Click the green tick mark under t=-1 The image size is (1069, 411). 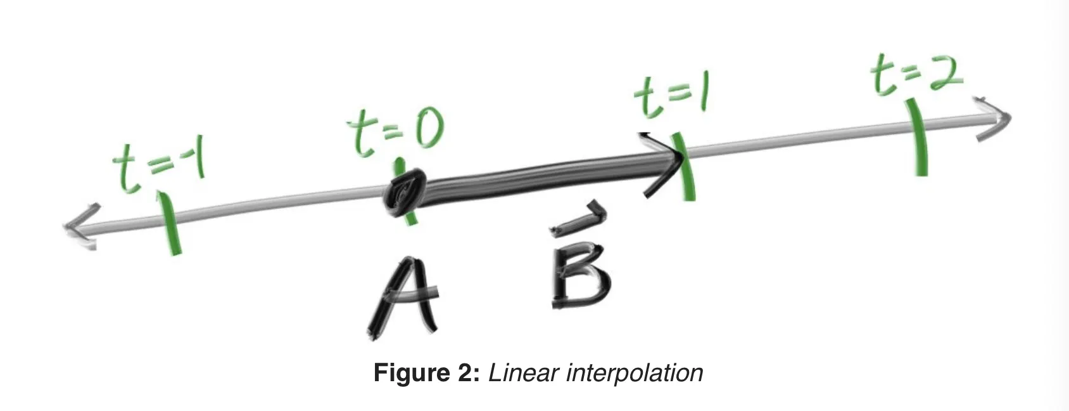pyautogui.click(x=169, y=223)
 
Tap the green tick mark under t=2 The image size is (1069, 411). pyautogui.click(x=916, y=137)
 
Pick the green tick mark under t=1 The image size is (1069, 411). pyautogui.click(x=685, y=166)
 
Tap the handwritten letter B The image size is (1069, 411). pyautogui.click(x=580, y=280)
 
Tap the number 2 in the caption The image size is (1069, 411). pyautogui.click(x=465, y=373)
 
